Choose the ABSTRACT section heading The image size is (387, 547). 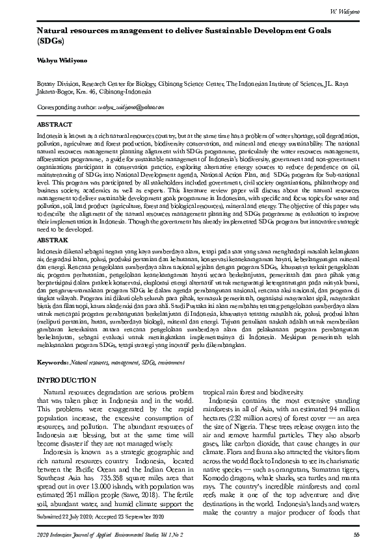coord(55,123)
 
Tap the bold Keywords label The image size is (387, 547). coord(52,361)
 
